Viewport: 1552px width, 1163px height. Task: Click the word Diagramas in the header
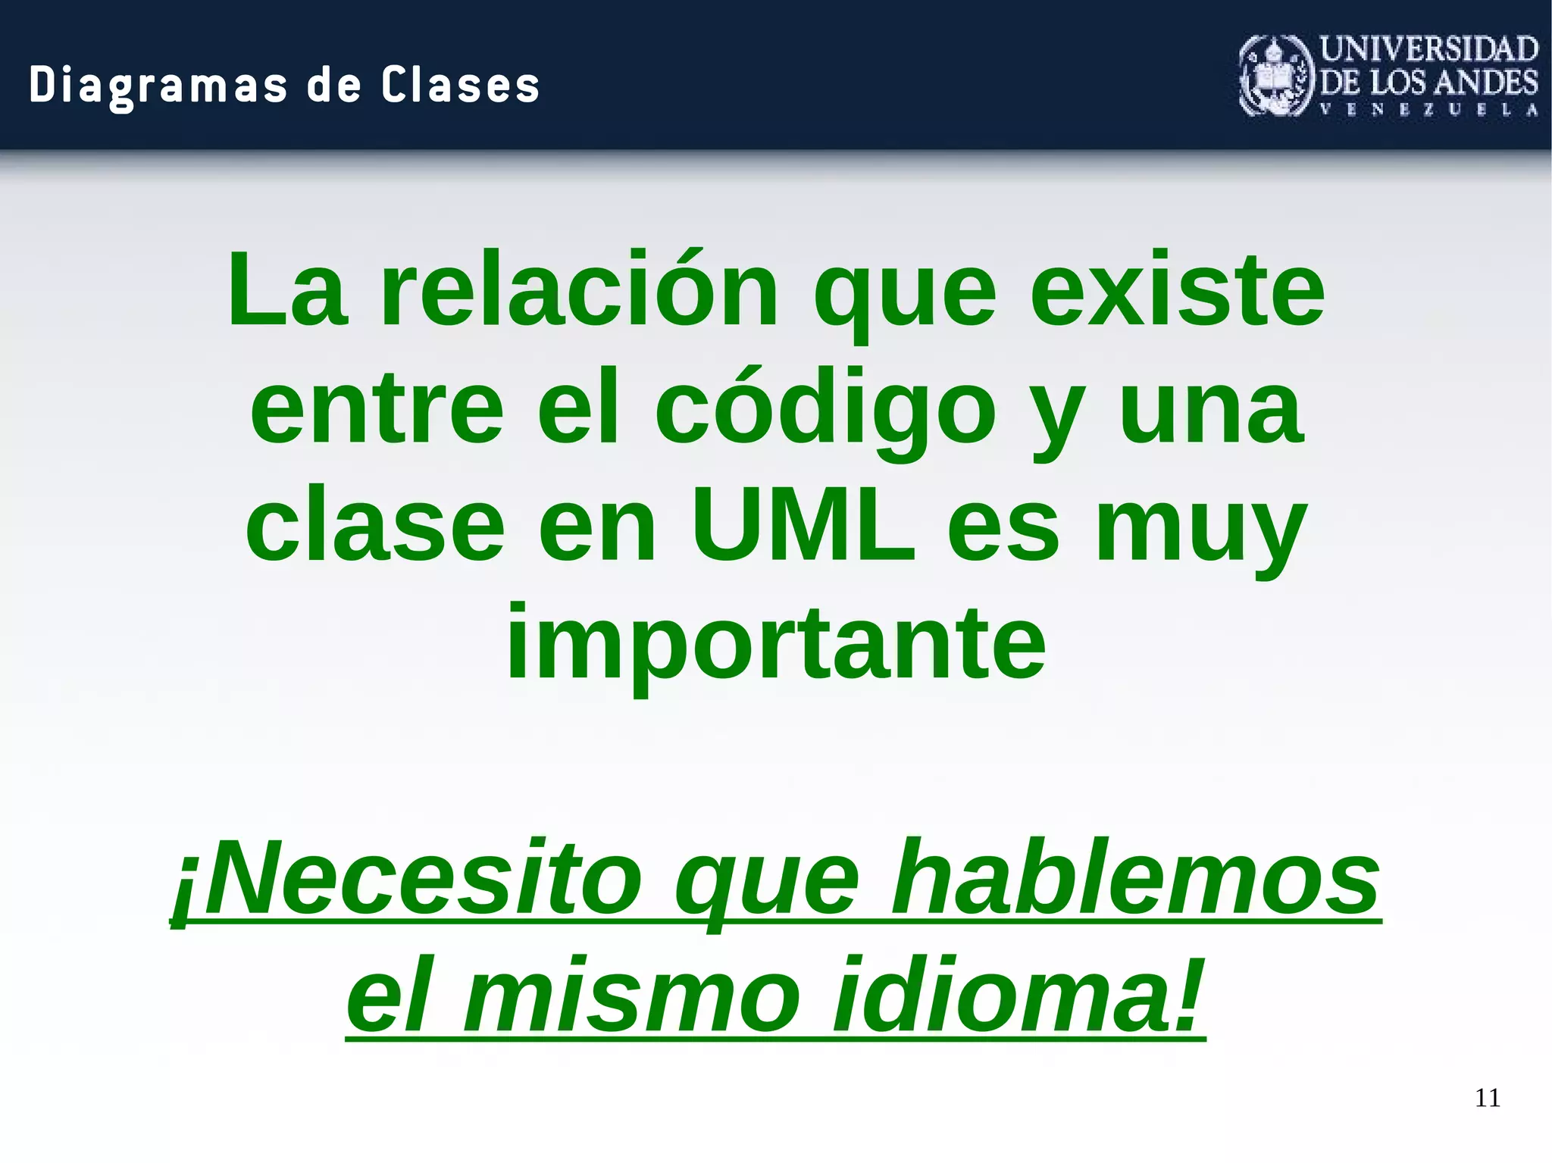click(x=158, y=85)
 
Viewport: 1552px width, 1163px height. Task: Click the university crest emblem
click(x=1275, y=77)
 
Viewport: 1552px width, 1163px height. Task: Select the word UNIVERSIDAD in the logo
click(x=1428, y=49)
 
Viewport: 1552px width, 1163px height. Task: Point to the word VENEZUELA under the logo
click(x=1428, y=110)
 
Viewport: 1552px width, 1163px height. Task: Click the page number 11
click(x=1487, y=1098)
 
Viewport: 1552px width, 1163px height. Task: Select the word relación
click(x=579, y=292)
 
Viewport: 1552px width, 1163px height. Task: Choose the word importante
click(x=776, y=645)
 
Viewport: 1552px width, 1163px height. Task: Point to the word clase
click(x=375, y=527)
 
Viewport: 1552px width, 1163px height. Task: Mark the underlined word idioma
click(x=1015, y=996)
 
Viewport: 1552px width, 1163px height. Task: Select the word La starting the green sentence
click(x=288, y=292)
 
